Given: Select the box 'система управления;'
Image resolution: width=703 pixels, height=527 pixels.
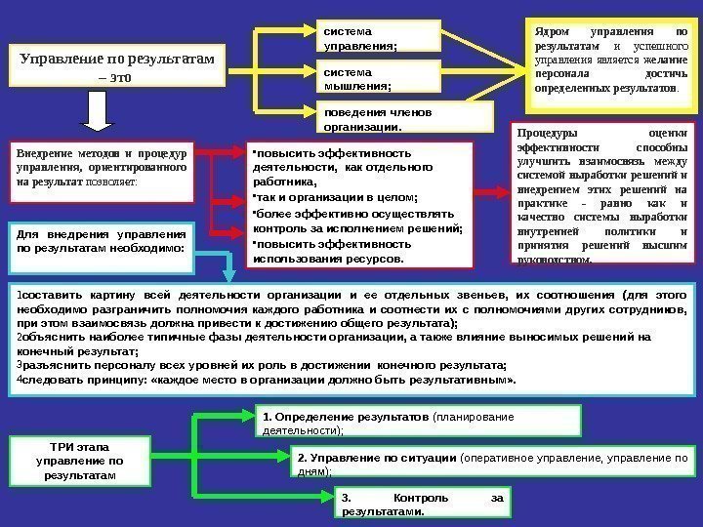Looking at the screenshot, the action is [x=379, y=36].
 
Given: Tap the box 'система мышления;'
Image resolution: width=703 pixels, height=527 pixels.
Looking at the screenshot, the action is [x=379, y=77].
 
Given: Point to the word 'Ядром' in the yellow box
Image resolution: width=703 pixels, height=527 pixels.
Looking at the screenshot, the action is [x=552, y=30].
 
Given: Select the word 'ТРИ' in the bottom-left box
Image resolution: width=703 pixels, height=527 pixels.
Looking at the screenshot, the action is [x=50, y=445].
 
